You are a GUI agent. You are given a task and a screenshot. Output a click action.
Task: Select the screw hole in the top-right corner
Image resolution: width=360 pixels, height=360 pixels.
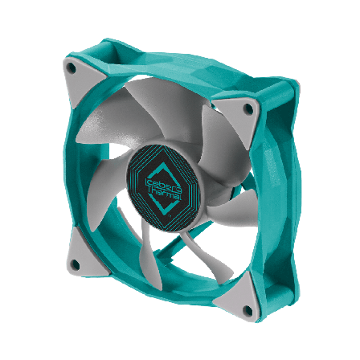[x=247, y=106]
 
